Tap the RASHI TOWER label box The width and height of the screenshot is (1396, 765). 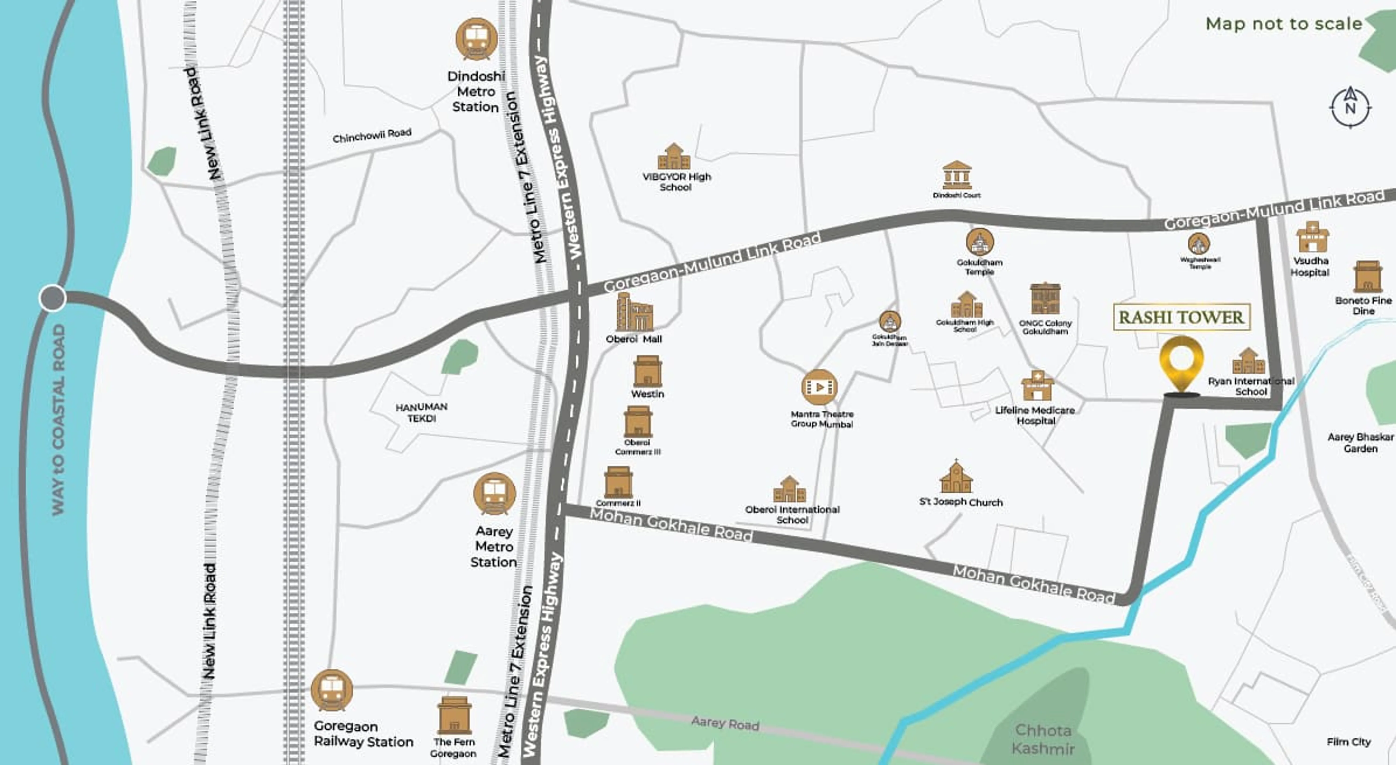[x=1181, y=317]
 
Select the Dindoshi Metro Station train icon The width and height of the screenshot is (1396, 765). [x=476, y=39]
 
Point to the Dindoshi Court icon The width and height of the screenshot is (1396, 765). [x=956, y=175]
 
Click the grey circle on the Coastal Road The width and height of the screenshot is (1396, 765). [x=53, y=298]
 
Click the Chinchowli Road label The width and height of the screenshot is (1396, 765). [x=372, y=135]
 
